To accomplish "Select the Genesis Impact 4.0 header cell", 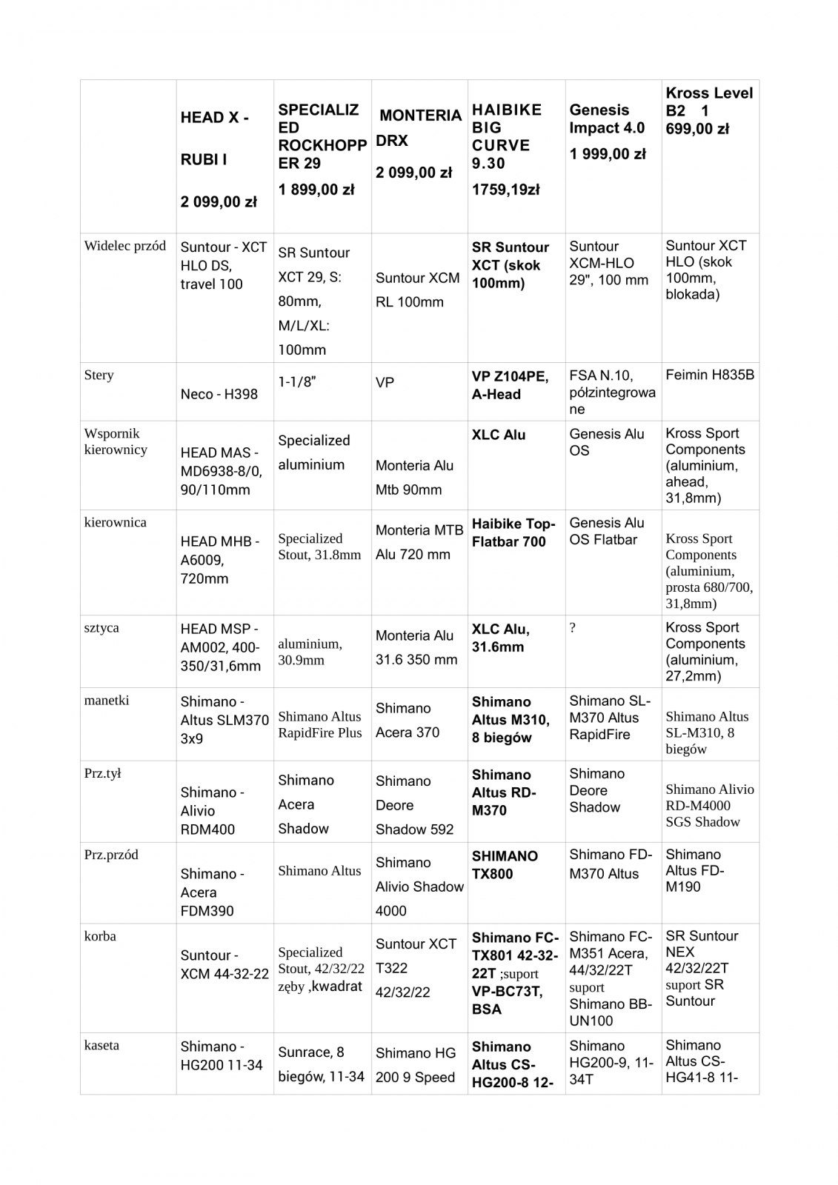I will tap(607, 118).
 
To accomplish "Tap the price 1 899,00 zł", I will tap(316, 190).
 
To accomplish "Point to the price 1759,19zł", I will tap(506, 190).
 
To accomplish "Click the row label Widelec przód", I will tap(125, 246).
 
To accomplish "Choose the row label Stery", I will tap(99, 375).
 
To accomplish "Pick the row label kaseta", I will tap(102, 1046).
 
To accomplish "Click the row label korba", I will tap(100, 936).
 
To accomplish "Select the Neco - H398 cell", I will tap(219, 394).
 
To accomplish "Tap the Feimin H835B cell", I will tap(710, 375).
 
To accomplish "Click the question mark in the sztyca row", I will tap(573, 628).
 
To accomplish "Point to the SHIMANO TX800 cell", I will tap(505, 864).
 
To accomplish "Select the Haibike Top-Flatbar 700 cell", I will tap(513, 533).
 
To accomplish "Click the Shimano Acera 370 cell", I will tap(408, 720).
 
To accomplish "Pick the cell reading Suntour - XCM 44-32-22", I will tap(225, 964).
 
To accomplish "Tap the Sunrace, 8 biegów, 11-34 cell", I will tap(321, 1064).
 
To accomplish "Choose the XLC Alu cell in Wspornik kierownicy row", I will tap(499, 435).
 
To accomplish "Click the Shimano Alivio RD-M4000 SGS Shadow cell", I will tap(709, 806).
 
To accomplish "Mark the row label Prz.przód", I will tap(111, 855).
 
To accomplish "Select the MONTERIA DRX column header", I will tap(419, 127).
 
